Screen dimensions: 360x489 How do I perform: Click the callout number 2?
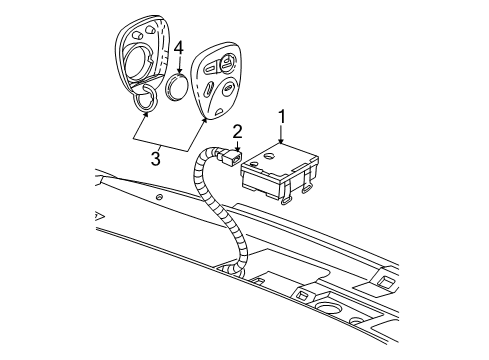237,130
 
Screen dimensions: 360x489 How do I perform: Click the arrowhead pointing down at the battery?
178,69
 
